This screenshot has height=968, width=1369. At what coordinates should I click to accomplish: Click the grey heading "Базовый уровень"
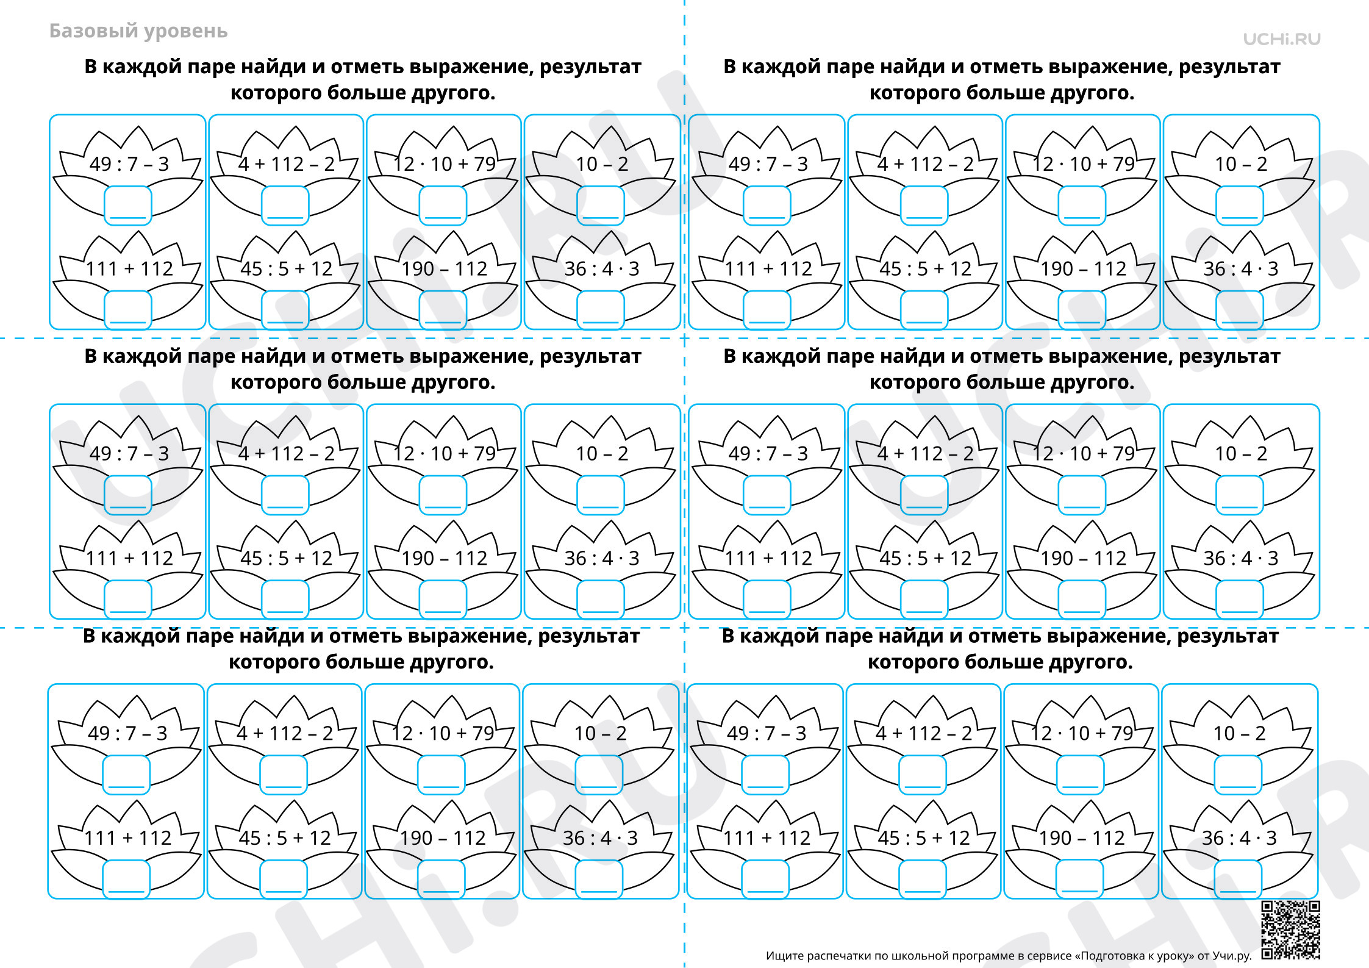[x=138, y=31]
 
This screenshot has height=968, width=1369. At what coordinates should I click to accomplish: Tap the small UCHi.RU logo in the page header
[x=1282, y=39]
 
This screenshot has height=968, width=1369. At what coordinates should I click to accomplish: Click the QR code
[x=1290, y=930]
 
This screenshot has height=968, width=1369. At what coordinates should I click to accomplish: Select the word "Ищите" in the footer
[x=785, y=956]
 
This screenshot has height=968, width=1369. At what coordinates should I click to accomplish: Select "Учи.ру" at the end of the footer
[x=1232, y=956]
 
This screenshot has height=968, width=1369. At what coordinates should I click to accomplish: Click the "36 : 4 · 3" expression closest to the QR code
[x=1239, y=838]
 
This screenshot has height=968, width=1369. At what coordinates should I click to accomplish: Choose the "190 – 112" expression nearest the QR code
[x=1082, y=838]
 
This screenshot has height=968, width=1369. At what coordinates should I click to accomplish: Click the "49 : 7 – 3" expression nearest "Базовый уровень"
[x=129, y=164]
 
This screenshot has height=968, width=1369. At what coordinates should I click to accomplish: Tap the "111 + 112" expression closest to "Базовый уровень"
[x=129, y=269]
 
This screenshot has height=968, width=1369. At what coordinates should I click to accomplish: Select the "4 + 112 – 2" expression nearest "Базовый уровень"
[x=287, y=164]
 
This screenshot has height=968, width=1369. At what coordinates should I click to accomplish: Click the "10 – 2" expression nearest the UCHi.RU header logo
[x=1241, y=164]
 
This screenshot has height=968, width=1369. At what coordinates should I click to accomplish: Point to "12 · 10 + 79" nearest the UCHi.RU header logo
[x=1084, y=164]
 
